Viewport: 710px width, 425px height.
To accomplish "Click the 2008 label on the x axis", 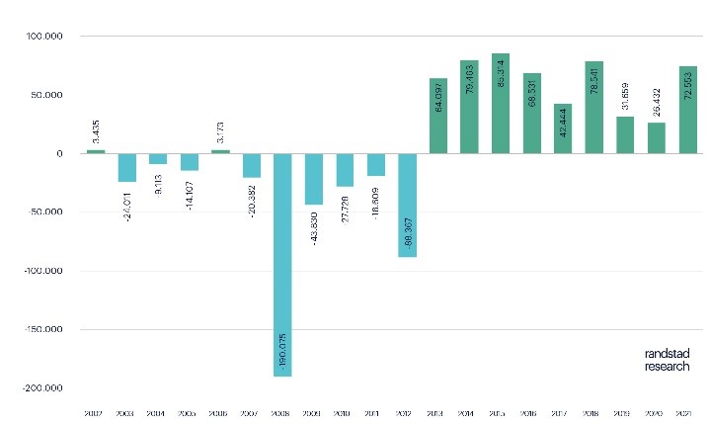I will pyautogui.click(x=282, y=414).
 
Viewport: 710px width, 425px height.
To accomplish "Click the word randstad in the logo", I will pyautogui.click(x=668, y=354).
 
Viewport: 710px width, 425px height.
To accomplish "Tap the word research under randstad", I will pyautogui.click(x=668, y=366).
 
